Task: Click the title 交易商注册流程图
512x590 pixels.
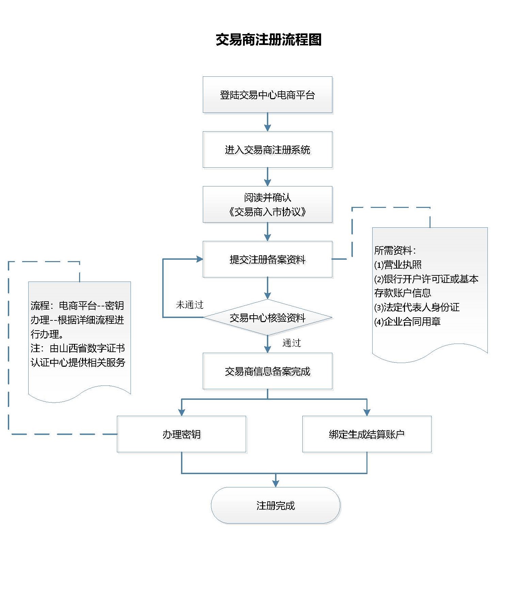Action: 269,40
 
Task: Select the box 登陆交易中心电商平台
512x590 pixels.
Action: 267,95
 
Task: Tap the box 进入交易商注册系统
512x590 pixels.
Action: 267,150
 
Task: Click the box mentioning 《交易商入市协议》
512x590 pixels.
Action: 267,205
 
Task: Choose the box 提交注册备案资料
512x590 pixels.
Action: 267,259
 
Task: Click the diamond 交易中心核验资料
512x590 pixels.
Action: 267,318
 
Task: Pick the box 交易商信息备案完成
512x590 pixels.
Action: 267,371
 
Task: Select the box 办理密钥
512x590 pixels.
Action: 181,434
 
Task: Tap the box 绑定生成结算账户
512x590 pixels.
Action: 367,434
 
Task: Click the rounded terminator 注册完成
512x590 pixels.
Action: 275,505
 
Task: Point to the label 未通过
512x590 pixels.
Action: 190,305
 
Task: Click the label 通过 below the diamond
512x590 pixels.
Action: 292,343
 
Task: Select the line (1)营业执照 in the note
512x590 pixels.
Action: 398,265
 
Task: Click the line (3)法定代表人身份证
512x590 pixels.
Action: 417,307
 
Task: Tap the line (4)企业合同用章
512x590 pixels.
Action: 407,322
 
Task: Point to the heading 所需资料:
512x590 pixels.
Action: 395,251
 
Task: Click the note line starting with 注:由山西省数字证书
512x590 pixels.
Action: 78,348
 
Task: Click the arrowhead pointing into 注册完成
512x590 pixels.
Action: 275,483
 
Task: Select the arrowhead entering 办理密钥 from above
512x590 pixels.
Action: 181,412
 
